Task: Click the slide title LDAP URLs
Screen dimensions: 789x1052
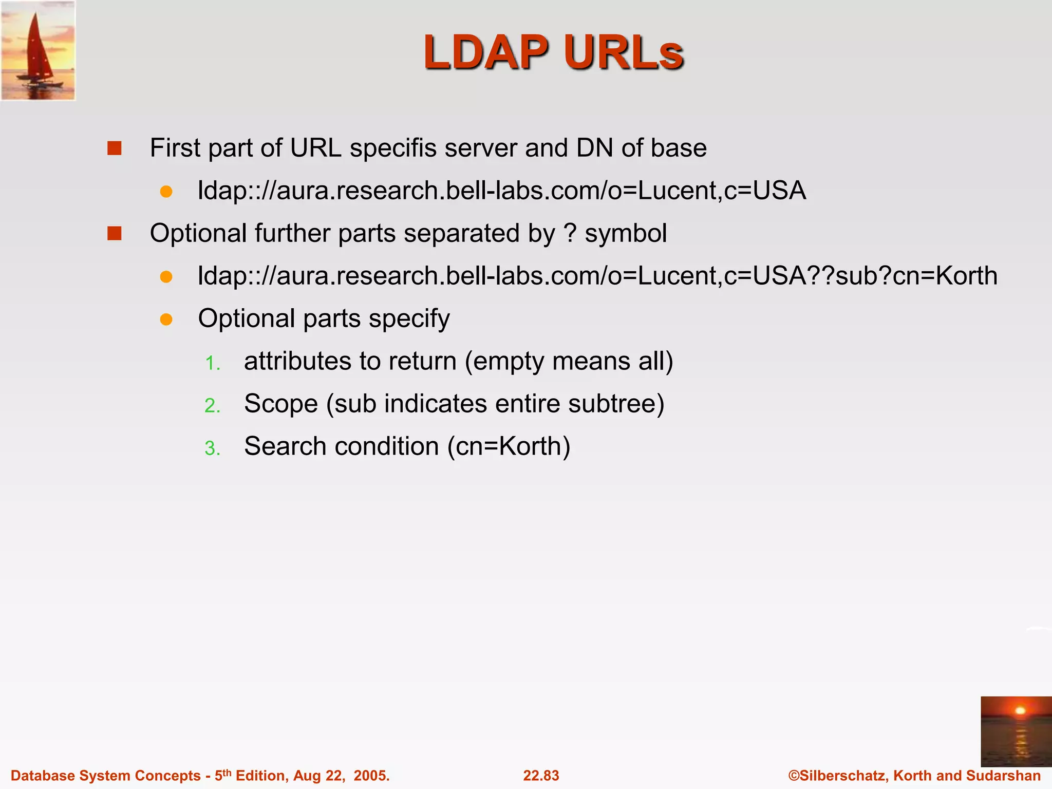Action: (553, 52)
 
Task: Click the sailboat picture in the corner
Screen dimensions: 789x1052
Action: (38, 50)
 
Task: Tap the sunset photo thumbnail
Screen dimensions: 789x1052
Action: (1016, 731)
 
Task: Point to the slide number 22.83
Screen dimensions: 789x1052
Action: (541, 776)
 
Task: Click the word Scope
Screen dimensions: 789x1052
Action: (281, 404)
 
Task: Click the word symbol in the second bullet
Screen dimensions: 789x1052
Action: (626, 234)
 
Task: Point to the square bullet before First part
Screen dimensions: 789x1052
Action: (114, 148)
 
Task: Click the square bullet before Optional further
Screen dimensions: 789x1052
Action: (114, 234)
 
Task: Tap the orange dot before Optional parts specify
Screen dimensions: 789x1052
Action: (166, 320)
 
